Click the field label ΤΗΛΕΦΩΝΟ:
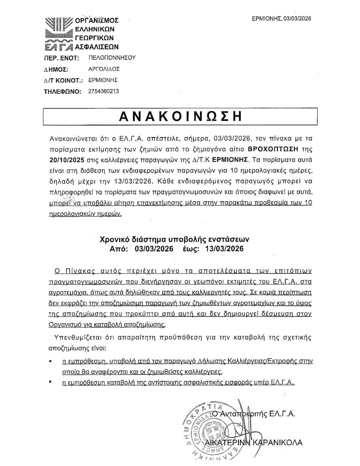point(62,91)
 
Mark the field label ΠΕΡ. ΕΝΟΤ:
point(61,58)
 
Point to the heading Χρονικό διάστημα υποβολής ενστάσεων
point(181,239)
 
